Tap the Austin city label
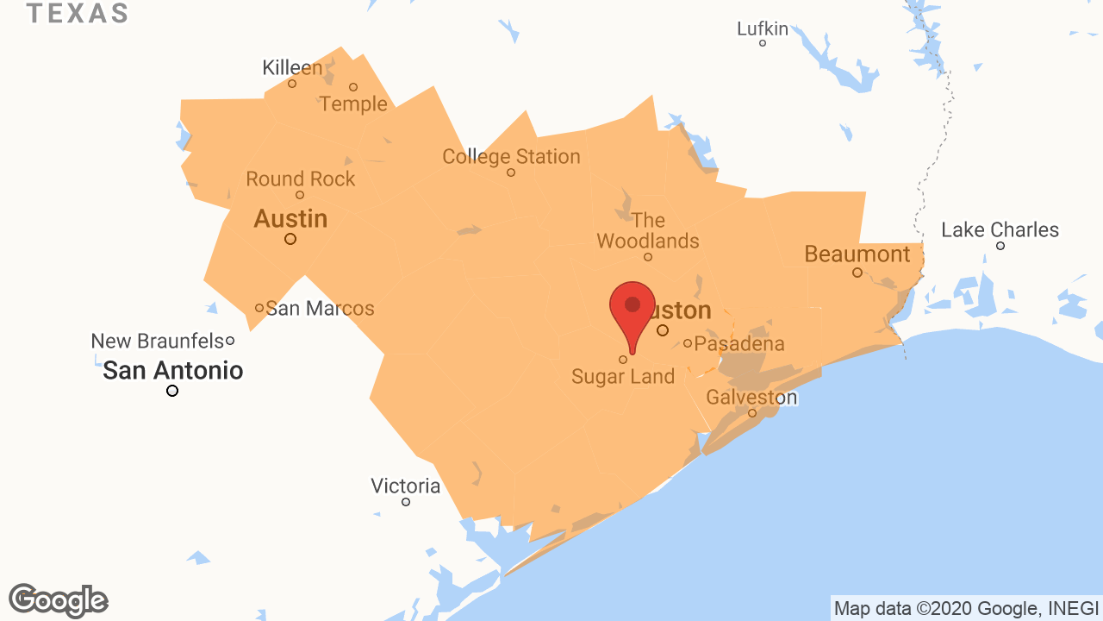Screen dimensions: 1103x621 (x=290, y=219)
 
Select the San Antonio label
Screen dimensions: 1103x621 (x=172, y=371)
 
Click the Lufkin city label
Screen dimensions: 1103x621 (x=763, y=29)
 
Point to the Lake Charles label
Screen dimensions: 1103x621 (x=1000, y=230)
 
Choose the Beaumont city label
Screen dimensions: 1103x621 (x=857, y=254)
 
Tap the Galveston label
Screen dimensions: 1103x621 (x=751, y=398)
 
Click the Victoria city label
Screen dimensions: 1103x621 (x=405, y=486)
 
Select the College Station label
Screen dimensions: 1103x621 (x=511, y=157)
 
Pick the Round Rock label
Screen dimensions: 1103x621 (x=300, y=179)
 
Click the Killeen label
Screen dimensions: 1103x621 (x=292, y=68)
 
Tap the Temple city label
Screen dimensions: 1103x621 (x=353, y=104)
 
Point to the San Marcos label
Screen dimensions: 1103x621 (x=320, y=308)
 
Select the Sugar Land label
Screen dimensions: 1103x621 (x=623, y=376)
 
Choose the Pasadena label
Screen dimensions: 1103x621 (x=739, y=344)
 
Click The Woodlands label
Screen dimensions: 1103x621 (x=648, y=230)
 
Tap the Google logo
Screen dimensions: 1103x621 (x=59, y=600)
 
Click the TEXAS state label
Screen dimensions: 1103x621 (x=78, y=14)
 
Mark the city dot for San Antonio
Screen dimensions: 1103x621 (x=172, y=391)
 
